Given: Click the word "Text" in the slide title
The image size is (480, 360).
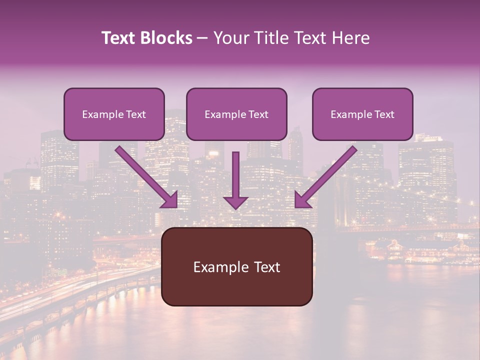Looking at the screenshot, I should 118,38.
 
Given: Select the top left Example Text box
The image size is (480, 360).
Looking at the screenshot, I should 114,114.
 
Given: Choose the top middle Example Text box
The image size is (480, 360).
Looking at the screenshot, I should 236,114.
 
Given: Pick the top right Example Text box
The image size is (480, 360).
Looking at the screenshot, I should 362,114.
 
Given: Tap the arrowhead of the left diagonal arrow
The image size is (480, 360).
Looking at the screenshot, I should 170,200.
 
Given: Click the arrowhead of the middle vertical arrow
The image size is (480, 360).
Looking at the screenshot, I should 235,202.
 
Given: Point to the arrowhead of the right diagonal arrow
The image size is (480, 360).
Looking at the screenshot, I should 302,200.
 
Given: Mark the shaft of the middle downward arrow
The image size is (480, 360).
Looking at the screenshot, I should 235,172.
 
